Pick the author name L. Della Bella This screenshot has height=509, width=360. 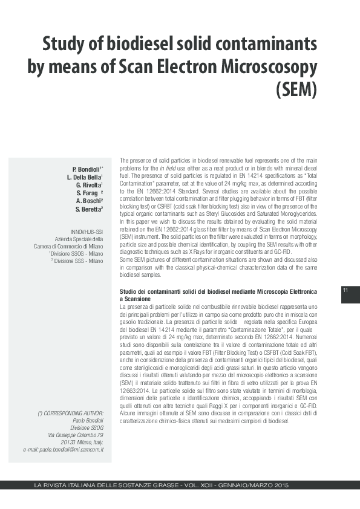click(85, 177)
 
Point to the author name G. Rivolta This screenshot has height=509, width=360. click(90, 184)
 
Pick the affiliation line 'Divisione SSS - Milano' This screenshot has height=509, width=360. click(77, 261)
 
